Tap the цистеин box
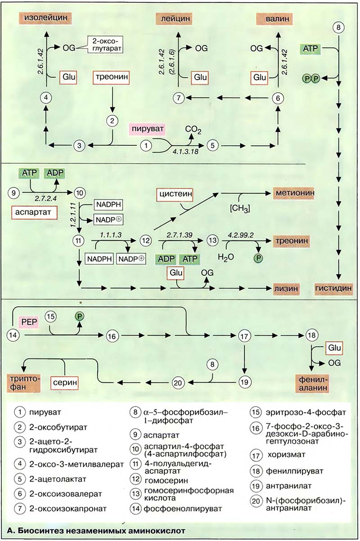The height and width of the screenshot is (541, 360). pos(176,195)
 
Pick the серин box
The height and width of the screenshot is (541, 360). pos(64,384)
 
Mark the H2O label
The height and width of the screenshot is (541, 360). pos(226,257)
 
